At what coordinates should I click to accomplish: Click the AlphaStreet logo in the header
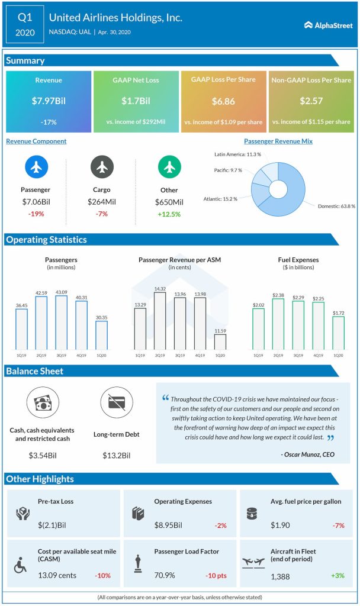coord(328,25)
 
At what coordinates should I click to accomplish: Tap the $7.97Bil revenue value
coord(49,101)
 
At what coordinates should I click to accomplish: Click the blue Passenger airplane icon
coord(36,167)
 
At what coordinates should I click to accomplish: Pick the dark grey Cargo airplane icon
coord(102,167)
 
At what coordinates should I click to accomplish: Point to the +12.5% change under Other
coord(169,214)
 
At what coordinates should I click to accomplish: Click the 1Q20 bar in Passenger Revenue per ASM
coord(220,341)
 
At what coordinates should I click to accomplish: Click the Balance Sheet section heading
coord(35,371)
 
